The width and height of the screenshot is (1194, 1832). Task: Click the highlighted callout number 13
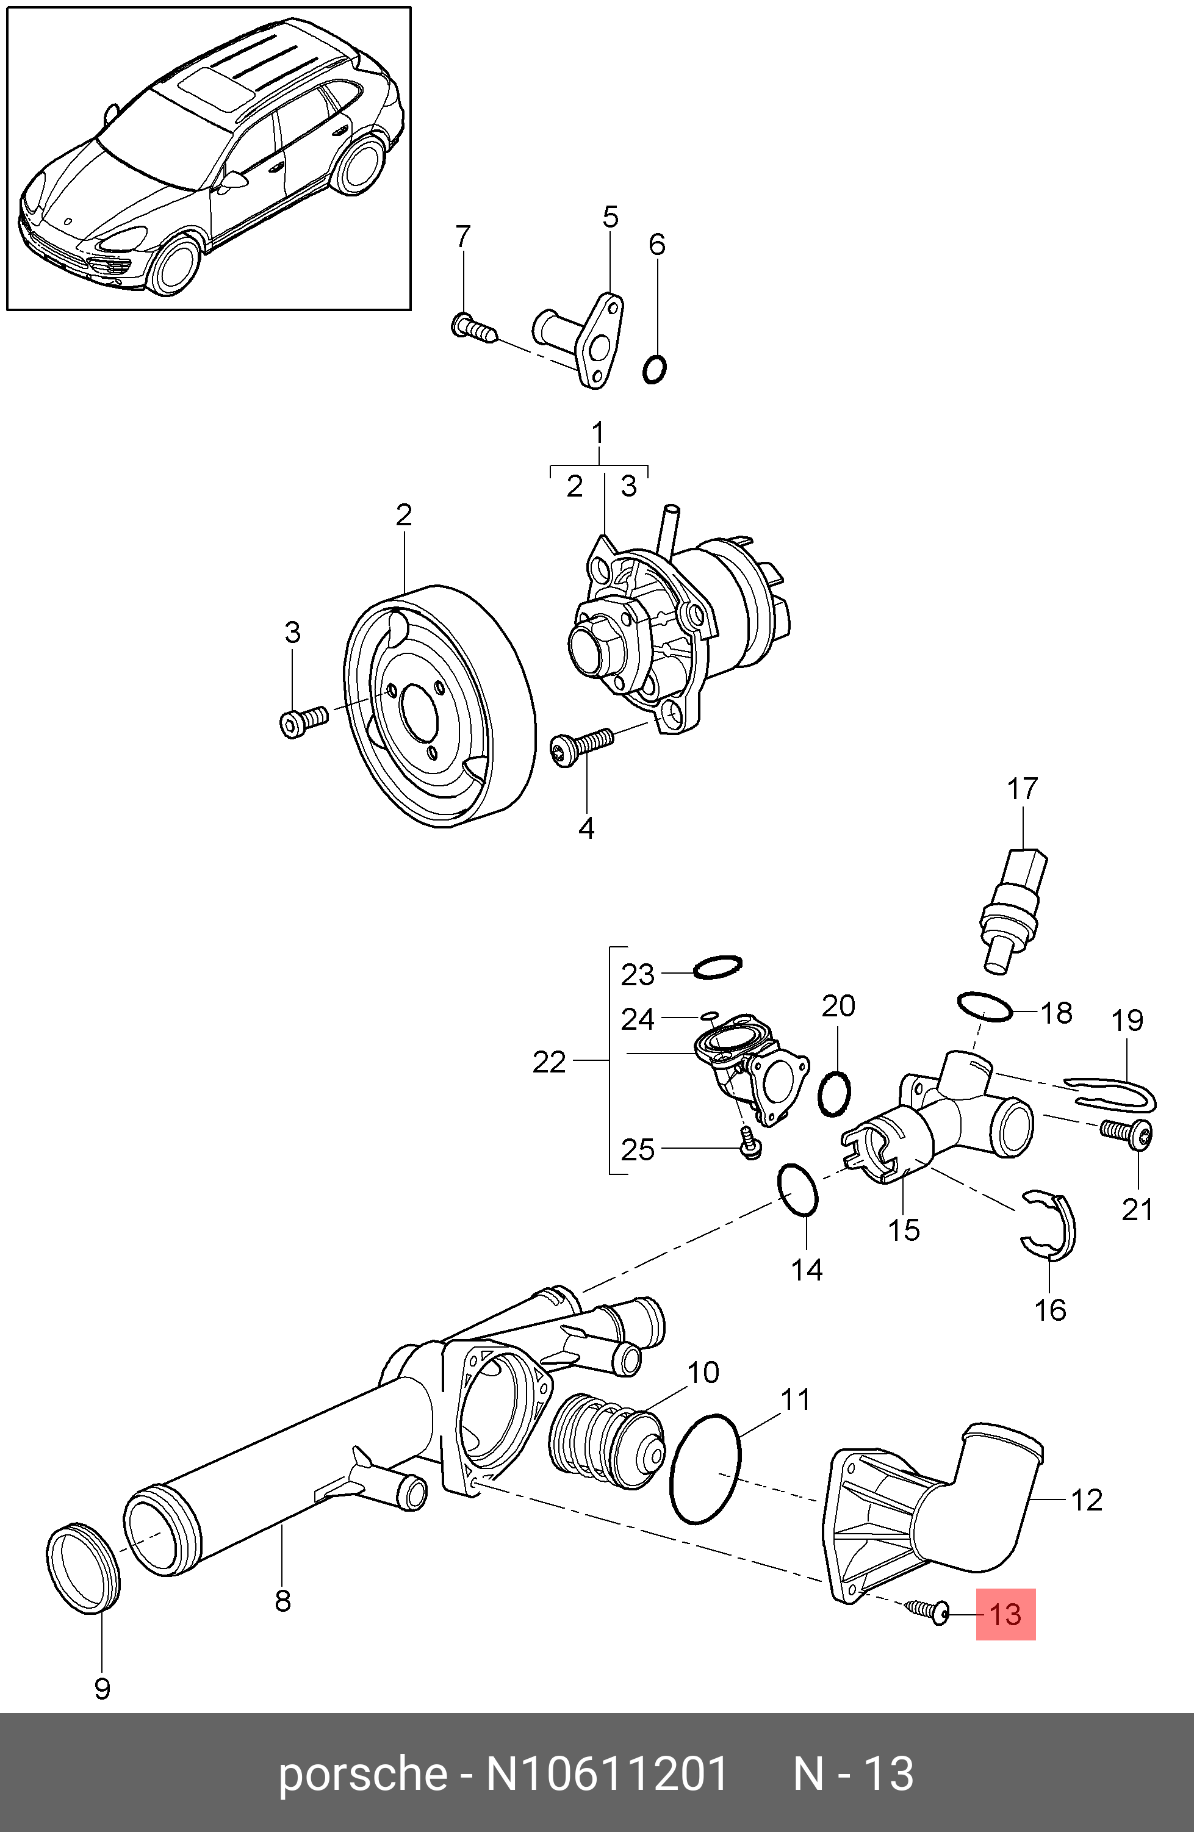pyautogui.click(x=1005, y=1614)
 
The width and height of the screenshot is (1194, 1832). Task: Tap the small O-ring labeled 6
pyautogui.click(x=655, y=370)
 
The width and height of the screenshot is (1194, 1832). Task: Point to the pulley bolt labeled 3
pyautogui.click(x=303, y=720)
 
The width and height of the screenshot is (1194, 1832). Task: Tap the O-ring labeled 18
pyautogui.click(x=985, y=1006)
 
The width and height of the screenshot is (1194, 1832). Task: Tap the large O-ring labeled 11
pyautogui.click(x=705, y=1468)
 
